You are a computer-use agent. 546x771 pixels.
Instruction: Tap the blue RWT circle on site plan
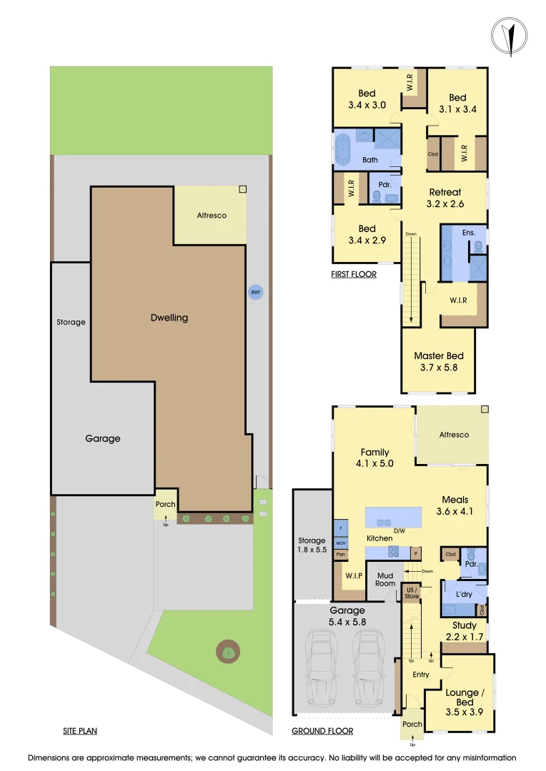point(254,292)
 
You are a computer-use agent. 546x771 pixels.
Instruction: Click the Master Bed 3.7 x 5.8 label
point(439,361)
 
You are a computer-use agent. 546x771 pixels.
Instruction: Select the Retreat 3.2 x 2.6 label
point(445,198)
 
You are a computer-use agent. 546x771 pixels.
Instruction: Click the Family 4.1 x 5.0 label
point(374,458)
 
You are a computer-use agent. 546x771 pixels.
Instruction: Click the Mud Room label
point(385,579)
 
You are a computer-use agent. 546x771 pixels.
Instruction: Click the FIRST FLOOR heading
point(353,274)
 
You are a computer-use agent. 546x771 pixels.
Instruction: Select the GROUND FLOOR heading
point(322,731)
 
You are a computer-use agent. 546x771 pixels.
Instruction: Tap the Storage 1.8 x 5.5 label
point(312,546)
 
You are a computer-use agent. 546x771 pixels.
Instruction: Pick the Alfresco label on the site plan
point(212,216)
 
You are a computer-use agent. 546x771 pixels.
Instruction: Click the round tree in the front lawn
point(228,652)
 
